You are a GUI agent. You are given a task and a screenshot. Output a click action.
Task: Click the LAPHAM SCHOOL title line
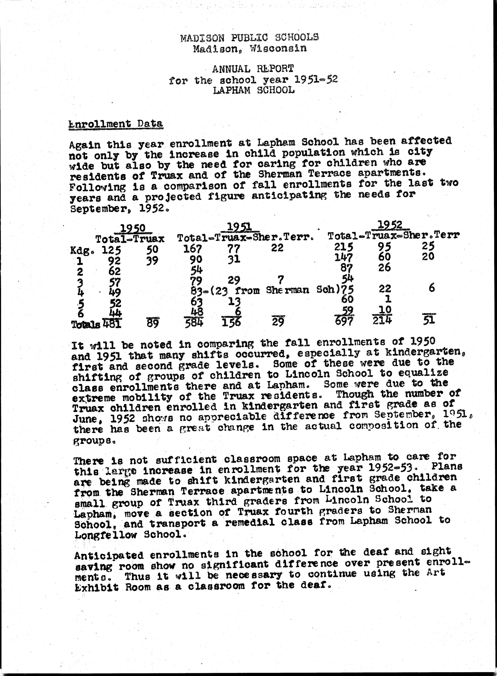254,90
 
